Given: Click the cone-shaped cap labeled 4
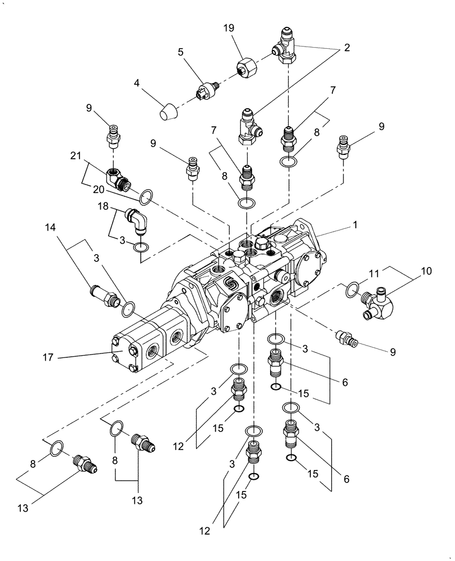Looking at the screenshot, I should tap(168, 112).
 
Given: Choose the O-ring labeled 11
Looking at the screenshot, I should tap(351, 289).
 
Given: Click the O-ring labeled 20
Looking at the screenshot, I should tap(146, 196).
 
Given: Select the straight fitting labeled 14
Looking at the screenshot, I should tap(103, 292).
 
